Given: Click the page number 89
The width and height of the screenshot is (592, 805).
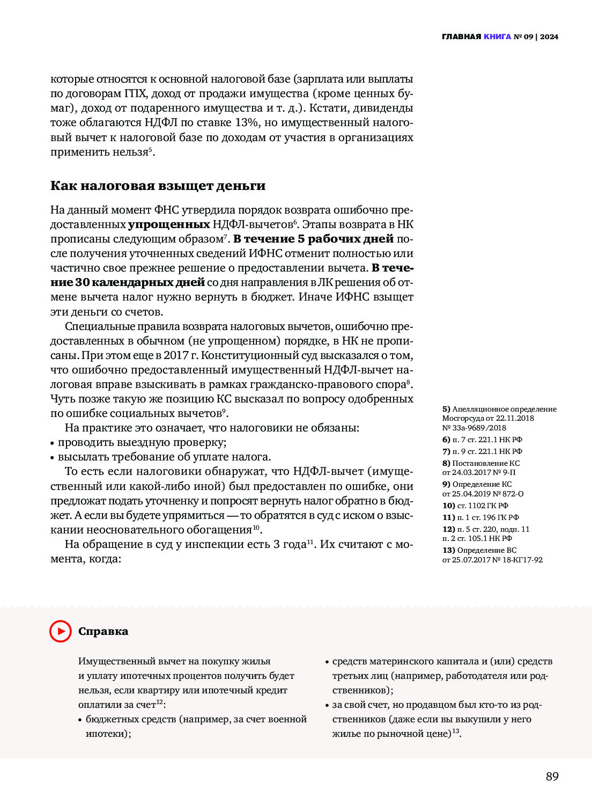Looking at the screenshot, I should pyautogui.click(x=552, y=776).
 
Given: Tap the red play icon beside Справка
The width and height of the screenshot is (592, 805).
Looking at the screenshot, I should pyautogui.click(x=61, y=631).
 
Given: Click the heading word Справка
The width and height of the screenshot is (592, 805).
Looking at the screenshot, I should pyautogui.click(x=103, y=631).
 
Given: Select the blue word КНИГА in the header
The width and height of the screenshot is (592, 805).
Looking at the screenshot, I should pyautogui.click(x=497, y=36).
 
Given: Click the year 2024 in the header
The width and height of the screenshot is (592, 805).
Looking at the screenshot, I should pyautogui.click(x=549, y=36).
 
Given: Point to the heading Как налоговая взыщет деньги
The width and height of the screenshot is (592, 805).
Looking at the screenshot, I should pyautogui.click(x=158, y=186).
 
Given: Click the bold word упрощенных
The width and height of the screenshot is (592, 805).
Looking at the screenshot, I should pyautogui.click(x=169, y=224).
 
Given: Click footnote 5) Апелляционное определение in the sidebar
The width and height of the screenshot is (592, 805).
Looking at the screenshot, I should pyautogui.click(x=499, y=409).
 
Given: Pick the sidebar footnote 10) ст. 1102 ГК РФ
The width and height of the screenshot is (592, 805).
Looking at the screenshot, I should pyautogui.click(x=475, y=506).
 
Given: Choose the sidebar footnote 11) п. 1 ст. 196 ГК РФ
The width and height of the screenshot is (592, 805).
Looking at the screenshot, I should pyautogui.click(x=480, y=517).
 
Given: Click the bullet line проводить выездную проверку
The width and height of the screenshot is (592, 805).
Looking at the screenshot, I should pyautogui.click(x=142, y=442).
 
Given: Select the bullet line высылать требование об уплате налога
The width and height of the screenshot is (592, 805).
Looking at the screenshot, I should pyautogui.click(x=164, y=457).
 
